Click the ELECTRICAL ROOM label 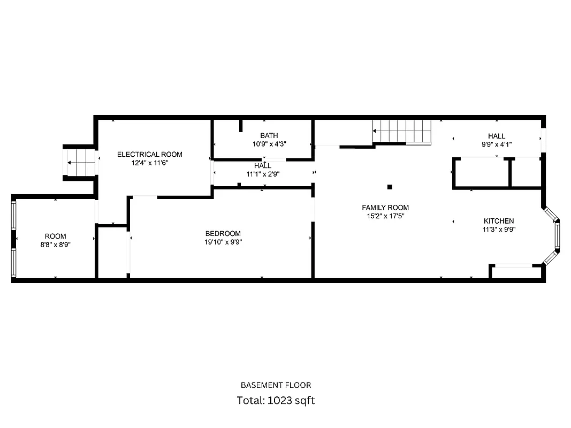tap(149, 155)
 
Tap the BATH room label tap(269, 135)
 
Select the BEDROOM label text tap(223, 233)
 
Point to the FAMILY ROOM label tap(385, 208)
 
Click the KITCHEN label tap(499, 221)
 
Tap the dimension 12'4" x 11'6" tap(149, 163)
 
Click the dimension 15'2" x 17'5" tap(385, 216)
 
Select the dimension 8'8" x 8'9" tap(55, 244)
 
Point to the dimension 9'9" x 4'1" tap(496, 144)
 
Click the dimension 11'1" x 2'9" tap(263, 174)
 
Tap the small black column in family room tap(390, 187)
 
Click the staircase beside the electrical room tap(80, 160)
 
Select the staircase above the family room tap(402, 132)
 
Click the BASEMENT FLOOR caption tap(276, 385)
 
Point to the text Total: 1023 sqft tap(276, 400)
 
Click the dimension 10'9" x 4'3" tap(269, 144)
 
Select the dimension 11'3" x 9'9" tap(499, 230)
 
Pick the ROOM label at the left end tap(55, 236)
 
